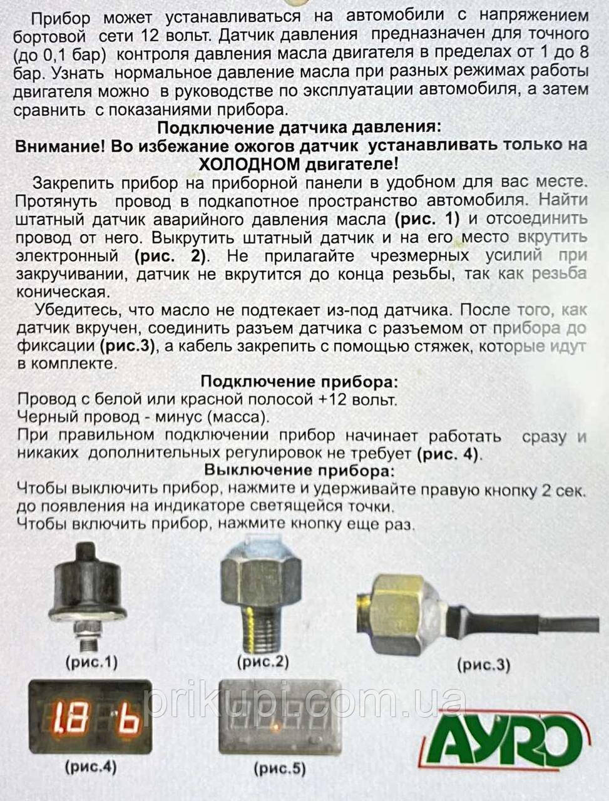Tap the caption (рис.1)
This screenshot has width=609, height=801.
click(91, 661)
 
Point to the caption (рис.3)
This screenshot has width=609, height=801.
click(483, 664)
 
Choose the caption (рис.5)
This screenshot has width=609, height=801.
click(279, 768)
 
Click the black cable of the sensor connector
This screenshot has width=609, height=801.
click(532, 616)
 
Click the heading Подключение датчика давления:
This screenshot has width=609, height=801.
click(299, 128)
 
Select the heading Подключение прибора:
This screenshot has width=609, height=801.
click(299, 382)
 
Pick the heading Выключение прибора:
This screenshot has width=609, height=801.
click(300, 471)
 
